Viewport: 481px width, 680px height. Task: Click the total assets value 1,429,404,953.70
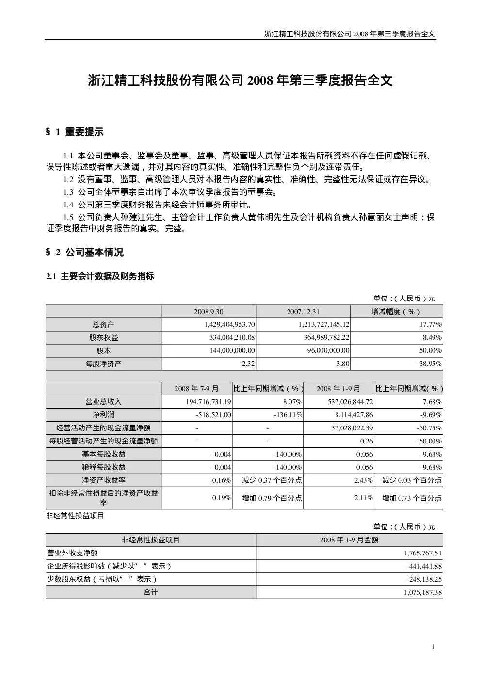tap(229, 325)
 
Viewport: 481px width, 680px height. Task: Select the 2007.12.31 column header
tap(303, 312)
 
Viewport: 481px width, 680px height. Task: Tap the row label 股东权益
tap(104, 337)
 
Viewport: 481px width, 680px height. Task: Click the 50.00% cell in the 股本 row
tap(430, 350)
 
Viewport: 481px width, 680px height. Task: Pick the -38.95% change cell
tap(429, 364)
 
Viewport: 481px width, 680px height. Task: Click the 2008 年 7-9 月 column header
tap(196, 389)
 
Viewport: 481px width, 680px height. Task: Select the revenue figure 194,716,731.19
tap(208, 402)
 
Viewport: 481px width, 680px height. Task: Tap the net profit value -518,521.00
tap(213, 415)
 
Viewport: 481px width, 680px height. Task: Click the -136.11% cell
tap(288, 415)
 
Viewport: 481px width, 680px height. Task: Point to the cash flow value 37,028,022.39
tap(352, 428)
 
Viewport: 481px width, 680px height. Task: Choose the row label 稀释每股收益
tap(104, 467)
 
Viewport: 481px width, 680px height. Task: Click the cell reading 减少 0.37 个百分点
tap(272, 480)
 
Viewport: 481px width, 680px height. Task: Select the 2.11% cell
tap(364, 498)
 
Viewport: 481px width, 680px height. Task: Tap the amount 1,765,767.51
tap(423, 553)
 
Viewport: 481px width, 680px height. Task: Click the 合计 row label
tap(151, 592)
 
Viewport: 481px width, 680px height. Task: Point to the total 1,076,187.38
tap(423, 592)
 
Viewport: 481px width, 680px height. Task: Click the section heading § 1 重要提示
tap(75, 132)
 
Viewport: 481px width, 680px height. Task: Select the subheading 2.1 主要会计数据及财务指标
tap(100, 276)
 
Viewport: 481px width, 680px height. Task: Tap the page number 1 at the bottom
tap(433, 647)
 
